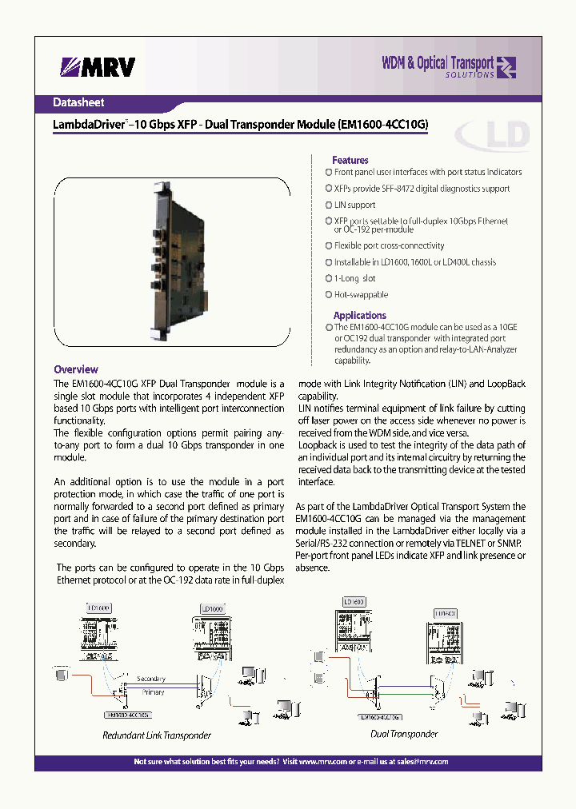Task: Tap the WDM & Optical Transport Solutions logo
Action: (x=448, y=67)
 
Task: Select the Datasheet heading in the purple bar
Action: (x=78, y=102)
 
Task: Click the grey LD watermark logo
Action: (x=491, y=137)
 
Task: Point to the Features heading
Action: (x=350, y=160)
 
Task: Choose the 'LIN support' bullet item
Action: (x=354, y=205)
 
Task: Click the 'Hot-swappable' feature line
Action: (x=361, y=294)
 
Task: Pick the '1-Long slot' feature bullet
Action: (x=354, y=278)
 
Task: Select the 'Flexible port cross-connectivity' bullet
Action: (x=389, y=245)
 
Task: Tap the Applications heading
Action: (x=359, y=315)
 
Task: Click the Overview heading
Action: (x=76, y=369)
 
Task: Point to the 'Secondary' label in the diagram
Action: (x=152, y=679)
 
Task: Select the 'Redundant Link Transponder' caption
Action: (x=157, y=735)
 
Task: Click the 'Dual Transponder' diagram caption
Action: (x=406, y=733)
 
